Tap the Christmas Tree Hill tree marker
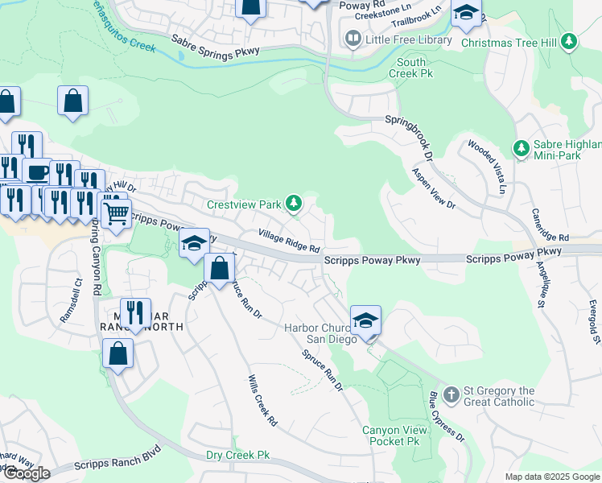coord(570,42)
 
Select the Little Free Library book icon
coord(353,38)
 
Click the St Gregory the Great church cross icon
coord(451,396)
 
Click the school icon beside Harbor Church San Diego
coord(365,320)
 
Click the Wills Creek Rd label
coord(262,399)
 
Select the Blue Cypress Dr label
coord(446,416)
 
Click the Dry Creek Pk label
coord(237,456)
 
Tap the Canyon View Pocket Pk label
coord(391,436)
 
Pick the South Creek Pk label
coord(411,68)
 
